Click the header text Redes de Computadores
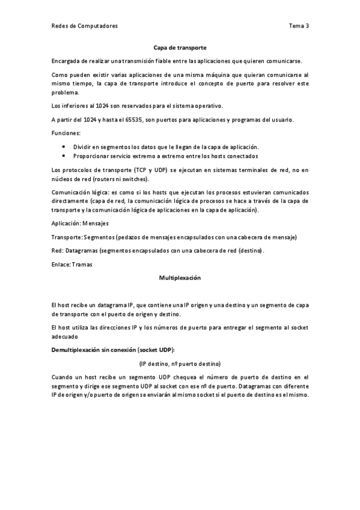pos(84,26)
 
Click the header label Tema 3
pos(299,26)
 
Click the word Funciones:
pos(66,133)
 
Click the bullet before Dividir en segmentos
pos(64,146)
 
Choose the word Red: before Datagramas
pos(58,250)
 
